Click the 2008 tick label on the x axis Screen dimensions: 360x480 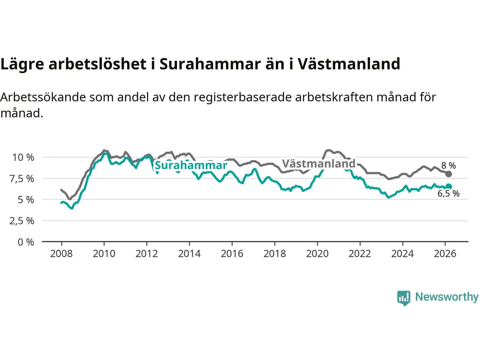coord(61,254)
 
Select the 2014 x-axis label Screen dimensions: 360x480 coord(189,254)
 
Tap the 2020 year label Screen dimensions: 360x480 coord(317,254)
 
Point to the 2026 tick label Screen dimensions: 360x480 coord(445,254)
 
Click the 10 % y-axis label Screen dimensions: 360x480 coord(23,157)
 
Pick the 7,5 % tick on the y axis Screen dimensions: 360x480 coord(22,179)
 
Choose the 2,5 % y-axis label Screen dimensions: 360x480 coord(22,221)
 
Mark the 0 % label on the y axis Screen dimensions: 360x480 coord(26,242)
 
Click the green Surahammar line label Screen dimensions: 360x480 coord(191,165)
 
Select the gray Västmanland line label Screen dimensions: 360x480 coord(318,164)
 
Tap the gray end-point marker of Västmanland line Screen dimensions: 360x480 coord(448,174)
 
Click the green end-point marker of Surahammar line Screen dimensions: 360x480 coord(448,187)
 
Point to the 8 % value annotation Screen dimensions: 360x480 coord(448,166)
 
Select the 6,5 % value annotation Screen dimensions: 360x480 coord(448,194)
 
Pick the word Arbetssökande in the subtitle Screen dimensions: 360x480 coord(43,97)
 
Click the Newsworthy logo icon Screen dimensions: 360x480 coord(404,298)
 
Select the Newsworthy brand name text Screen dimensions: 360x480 coord(447,297)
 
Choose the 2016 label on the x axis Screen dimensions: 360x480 coord(232,254)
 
